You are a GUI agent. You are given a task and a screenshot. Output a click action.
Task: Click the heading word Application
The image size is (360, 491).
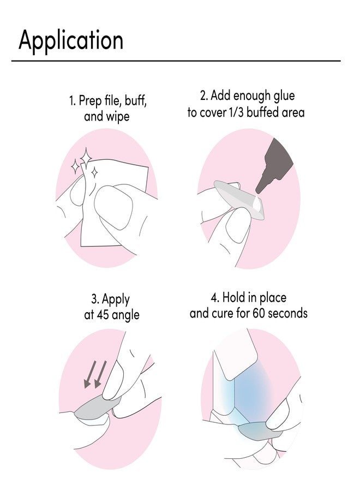pos(71,41)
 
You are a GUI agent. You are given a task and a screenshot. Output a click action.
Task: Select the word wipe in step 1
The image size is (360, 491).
pos(118,117)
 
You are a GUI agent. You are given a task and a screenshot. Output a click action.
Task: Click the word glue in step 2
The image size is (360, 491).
pos(283,97)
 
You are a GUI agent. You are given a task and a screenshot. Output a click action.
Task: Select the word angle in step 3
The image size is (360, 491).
pos(125,315)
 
